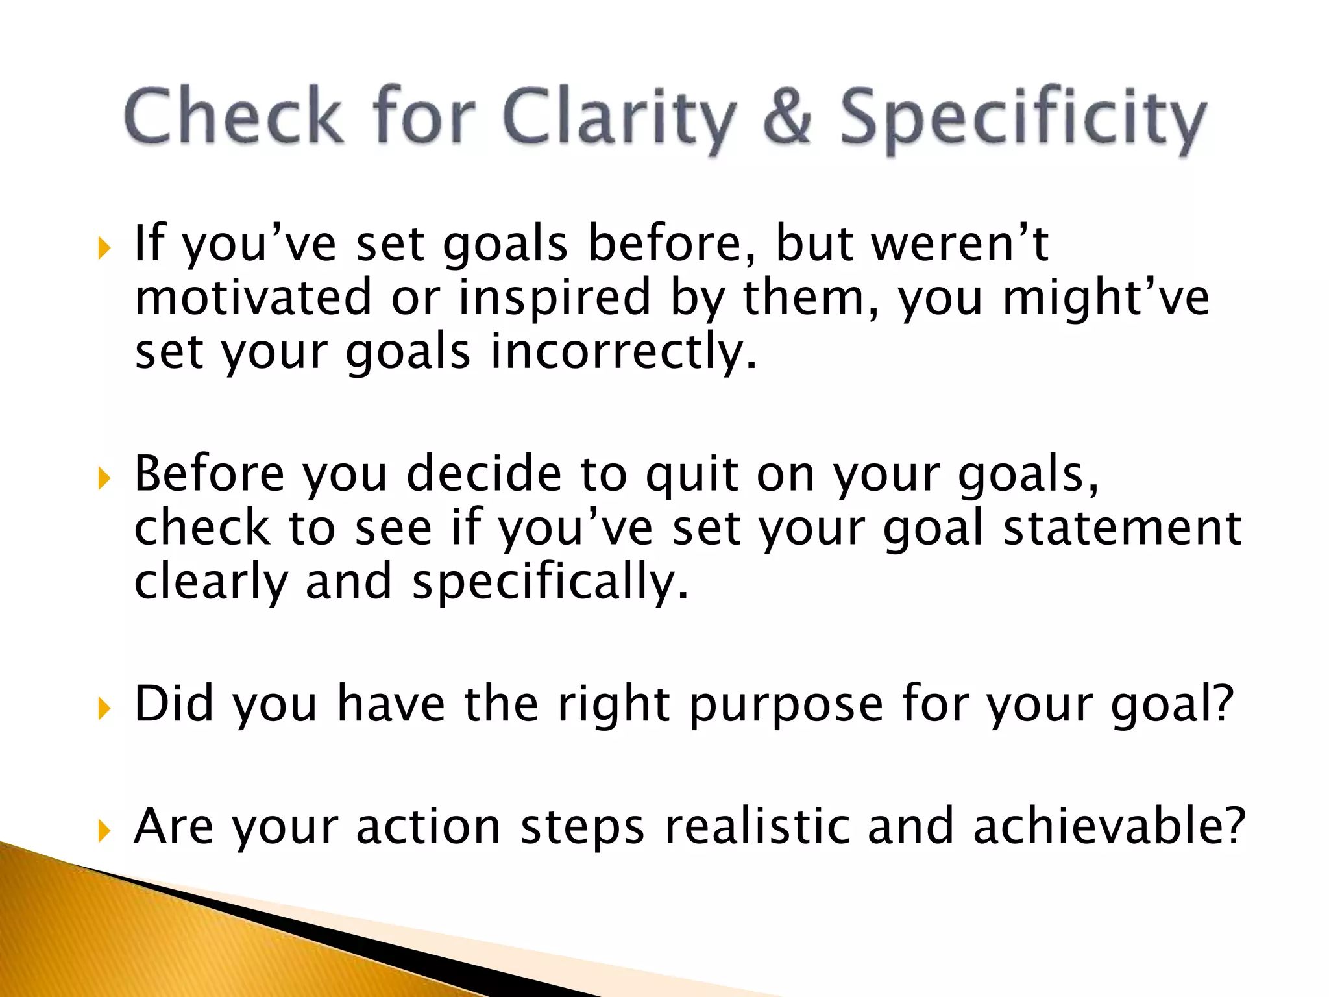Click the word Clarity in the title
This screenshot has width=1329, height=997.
(x=620, y=117)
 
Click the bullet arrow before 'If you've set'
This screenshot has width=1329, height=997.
(x=104, y=248)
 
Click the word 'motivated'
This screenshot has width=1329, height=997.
(x=253, y=297)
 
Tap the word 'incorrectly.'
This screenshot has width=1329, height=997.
(x=624, y=352)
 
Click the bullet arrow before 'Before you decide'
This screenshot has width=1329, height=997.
(x=104, y=479)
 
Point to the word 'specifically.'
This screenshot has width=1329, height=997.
(x=550, y=582)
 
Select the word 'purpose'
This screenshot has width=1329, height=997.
(x=786, y=706)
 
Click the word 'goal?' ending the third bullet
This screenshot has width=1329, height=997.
(x=1172, y=706)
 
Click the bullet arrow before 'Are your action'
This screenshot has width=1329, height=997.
(x=104, y=830)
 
